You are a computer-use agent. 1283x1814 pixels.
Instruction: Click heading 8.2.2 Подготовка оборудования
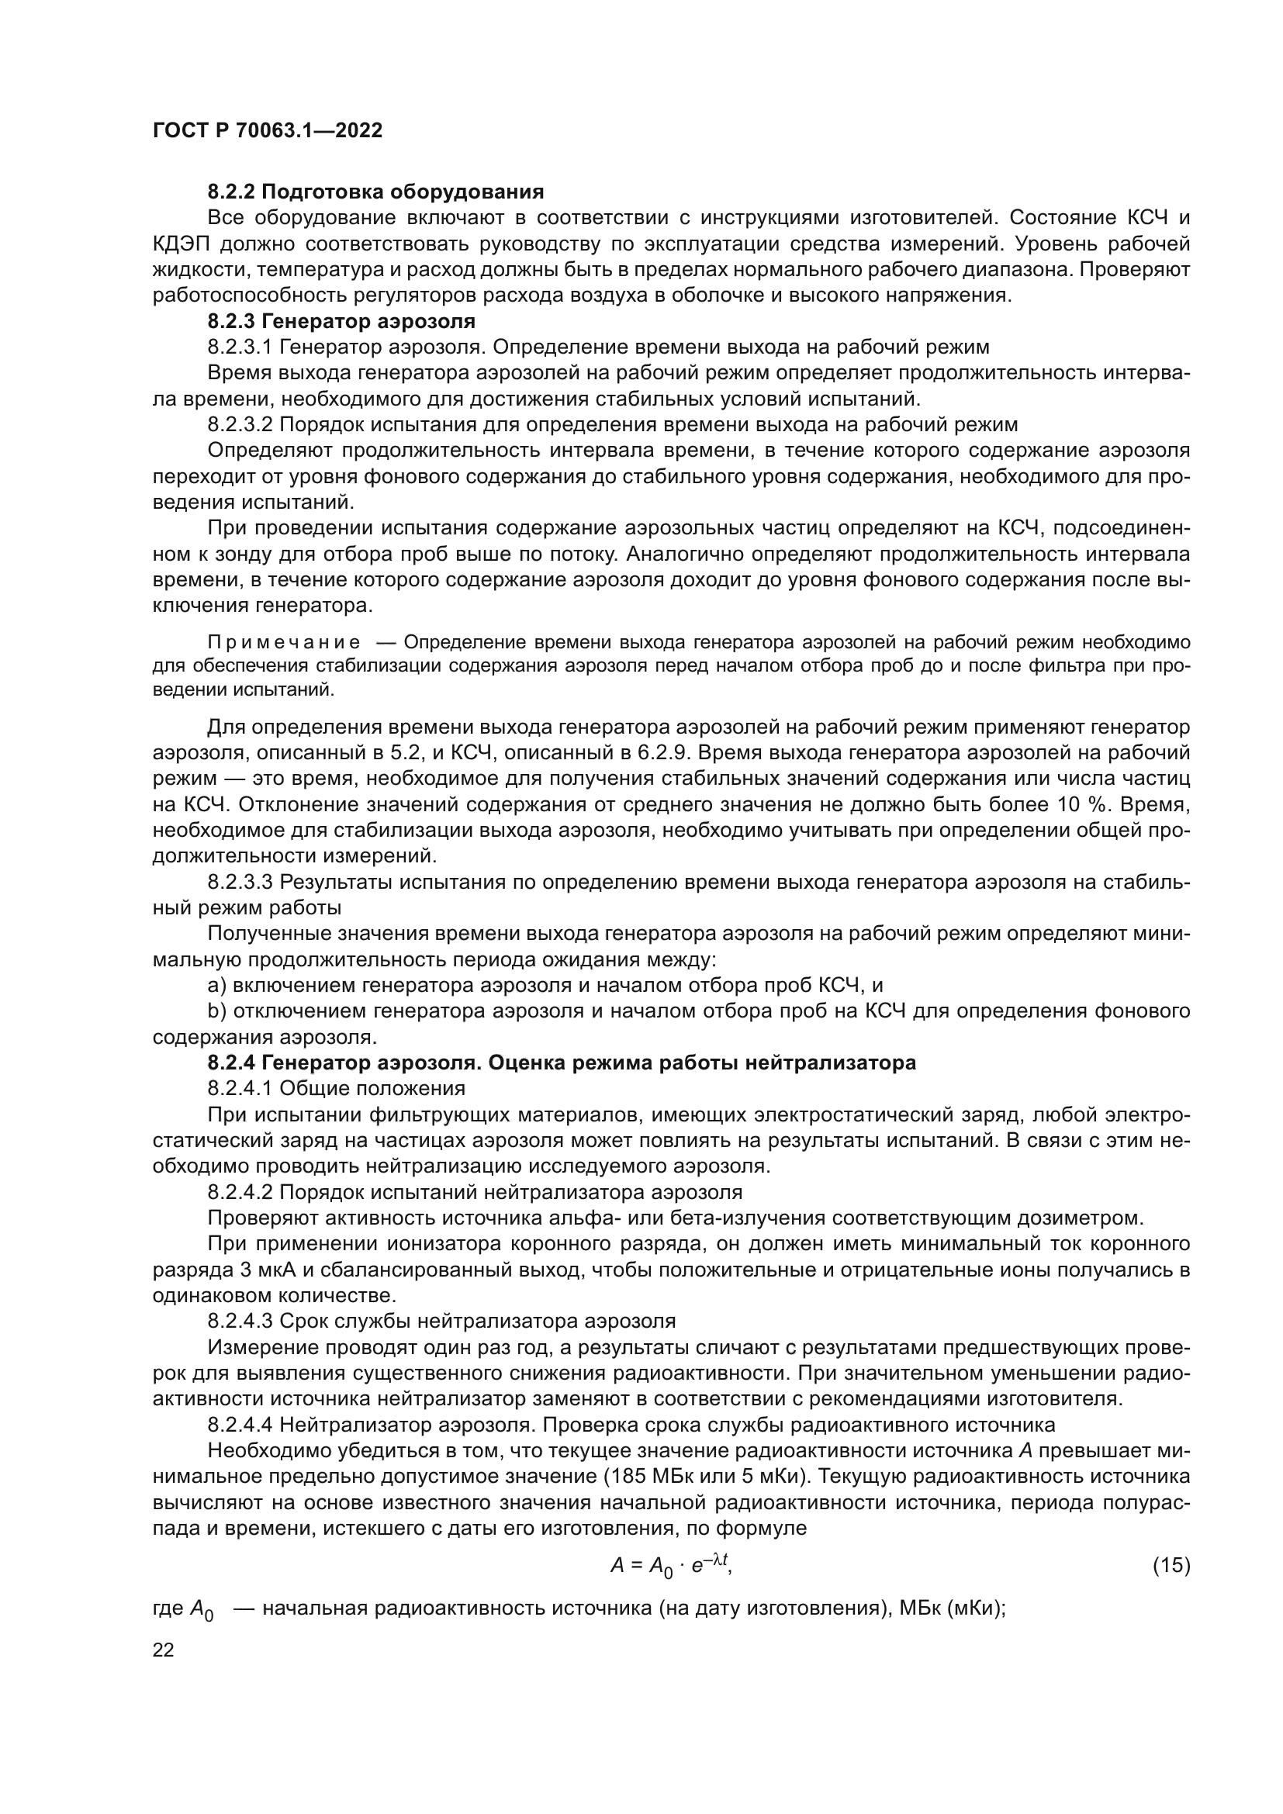[x=375, y=192]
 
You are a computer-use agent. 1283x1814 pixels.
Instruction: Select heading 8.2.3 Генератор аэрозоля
[x=341, y=322]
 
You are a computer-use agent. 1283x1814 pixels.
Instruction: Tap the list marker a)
[x=217, y=985]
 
